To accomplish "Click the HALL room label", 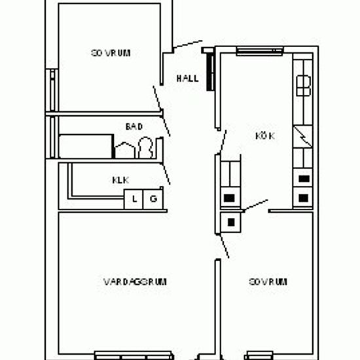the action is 187,79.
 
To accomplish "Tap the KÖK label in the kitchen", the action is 265,135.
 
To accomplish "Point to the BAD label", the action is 134,126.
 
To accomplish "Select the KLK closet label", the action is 120,180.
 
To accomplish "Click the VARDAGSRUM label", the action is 135,281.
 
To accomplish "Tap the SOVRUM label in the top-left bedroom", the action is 111,53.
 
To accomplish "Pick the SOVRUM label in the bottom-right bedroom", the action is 268,281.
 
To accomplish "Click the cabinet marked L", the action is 134,199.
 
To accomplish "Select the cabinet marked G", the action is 153,199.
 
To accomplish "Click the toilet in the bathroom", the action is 146,147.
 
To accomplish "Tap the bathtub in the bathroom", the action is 85,146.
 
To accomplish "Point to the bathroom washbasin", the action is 124,151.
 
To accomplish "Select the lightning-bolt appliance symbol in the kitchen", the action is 303,137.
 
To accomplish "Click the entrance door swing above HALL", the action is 188,44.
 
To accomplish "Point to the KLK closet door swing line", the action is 166,173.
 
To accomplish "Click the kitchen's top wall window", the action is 260,51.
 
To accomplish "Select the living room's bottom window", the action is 134,355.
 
